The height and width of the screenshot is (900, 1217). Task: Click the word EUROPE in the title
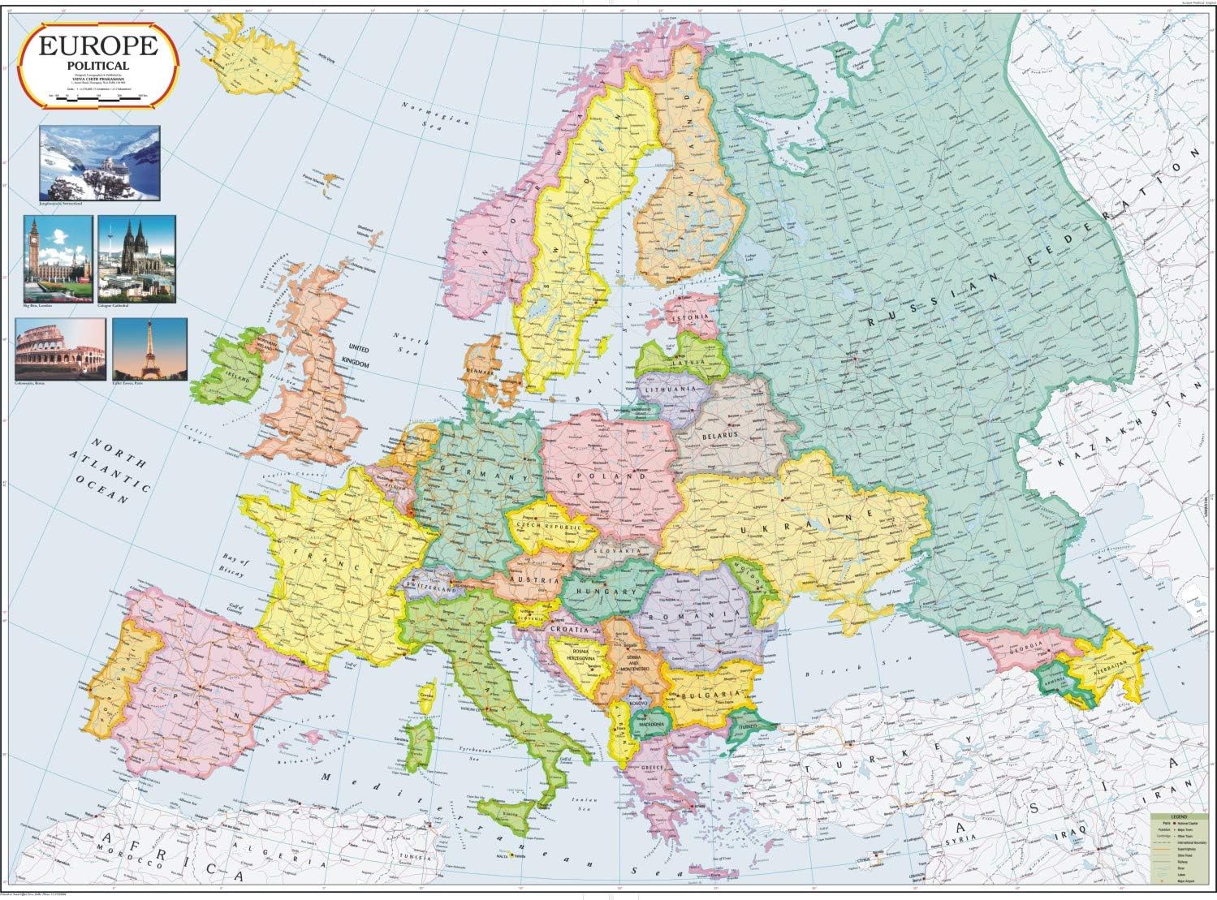pos(97,45)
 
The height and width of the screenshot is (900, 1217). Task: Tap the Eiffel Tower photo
pos(149,349)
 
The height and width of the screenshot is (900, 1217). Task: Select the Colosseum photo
pos(60,349)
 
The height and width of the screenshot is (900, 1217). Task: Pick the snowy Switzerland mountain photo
pos(100,162)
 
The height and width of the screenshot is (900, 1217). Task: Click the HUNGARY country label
pos(606,592)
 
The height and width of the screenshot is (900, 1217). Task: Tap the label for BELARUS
pos(720,436)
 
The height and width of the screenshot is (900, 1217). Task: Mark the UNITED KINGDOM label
pos(357,357)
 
